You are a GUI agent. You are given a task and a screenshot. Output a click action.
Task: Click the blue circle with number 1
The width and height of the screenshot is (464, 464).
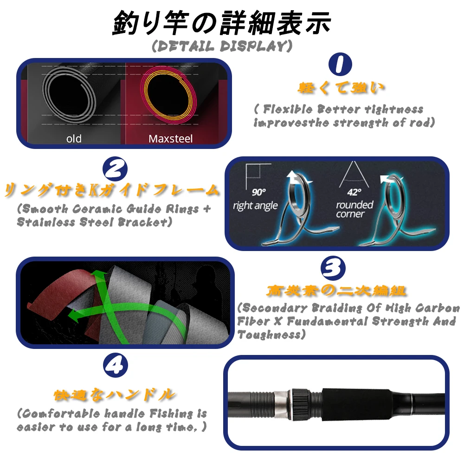[x=340, y=64]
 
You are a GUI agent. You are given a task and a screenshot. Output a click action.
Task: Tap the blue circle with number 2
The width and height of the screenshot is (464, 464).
[x=115, y=169]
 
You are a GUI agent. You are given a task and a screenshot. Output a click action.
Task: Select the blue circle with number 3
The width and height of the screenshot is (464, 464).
[x=333, y=268]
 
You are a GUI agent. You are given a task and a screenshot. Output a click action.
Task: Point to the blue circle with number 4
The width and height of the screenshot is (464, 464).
[x=116, y=366]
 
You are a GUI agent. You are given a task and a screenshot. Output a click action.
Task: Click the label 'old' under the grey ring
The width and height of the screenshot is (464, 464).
[x=74, y=138]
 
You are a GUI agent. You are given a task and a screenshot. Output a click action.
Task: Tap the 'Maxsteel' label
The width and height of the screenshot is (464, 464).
[x=170, y=138]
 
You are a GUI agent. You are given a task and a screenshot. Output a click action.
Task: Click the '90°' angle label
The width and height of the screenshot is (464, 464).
[x=259, y=192]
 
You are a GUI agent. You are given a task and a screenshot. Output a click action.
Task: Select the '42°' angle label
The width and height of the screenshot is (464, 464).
[x=354, y=192]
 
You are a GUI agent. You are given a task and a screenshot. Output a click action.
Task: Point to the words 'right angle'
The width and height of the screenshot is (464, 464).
[x=255, y=206]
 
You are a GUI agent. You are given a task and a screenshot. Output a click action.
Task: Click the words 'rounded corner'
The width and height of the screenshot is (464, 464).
[x=354, y=209]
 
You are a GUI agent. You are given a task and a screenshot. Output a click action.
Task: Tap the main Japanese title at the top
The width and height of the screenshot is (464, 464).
[x=222, y=22]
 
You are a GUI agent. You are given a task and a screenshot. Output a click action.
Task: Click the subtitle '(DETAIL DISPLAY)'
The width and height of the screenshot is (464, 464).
[x=222, y=46]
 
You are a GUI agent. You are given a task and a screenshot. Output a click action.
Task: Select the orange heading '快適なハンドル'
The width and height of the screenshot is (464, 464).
[x=115, y=395]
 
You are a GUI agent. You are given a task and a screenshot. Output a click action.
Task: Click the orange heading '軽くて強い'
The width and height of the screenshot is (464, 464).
[x=341, y=88]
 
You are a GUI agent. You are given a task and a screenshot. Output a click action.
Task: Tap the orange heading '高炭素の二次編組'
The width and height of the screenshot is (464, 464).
[x=336, y=290]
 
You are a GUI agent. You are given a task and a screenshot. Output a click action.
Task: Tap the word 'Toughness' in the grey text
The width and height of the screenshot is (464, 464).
[x=269, y=335]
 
